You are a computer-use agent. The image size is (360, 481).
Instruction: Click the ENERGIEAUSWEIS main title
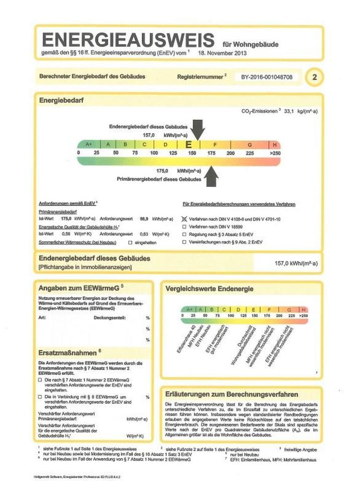127,40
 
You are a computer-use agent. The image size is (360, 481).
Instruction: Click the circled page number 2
314,77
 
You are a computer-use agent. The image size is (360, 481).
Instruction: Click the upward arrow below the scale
211,176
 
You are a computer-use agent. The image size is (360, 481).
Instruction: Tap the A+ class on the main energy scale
89,144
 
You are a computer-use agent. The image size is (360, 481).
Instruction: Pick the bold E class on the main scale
189,144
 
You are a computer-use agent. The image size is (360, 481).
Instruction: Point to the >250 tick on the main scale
274,152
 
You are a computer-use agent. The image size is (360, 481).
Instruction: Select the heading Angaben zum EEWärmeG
77,289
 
